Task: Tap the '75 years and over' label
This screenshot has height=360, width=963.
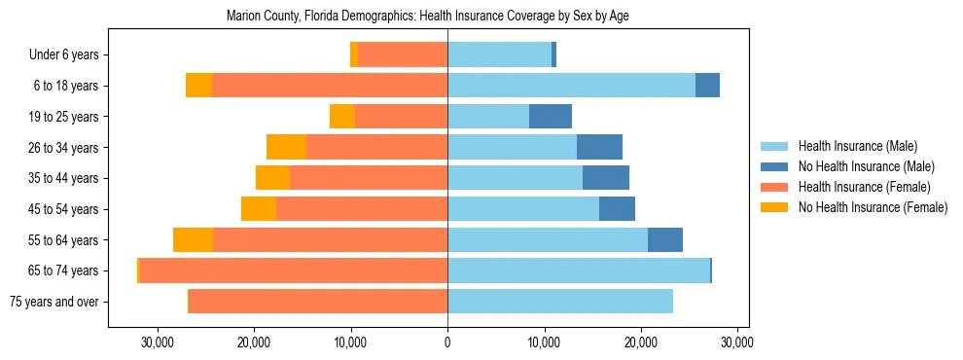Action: point(53,302)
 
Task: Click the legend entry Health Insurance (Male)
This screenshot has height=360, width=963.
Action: point(857,147)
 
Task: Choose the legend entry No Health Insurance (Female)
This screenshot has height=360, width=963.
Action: point(873,207)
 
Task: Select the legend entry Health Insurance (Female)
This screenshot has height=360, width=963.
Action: point(864,187)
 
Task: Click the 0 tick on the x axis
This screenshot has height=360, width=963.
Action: point(447,342)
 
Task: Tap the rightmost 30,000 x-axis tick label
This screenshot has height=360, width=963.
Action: point(737,342)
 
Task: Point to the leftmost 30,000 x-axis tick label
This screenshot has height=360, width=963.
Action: point(158,342)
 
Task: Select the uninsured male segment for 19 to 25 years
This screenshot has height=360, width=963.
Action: point(551,117)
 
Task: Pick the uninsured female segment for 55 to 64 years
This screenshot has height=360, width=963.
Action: point(193,240)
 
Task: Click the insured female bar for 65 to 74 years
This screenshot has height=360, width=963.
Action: point(293,270)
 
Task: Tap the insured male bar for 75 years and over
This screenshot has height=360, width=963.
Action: point(560,302)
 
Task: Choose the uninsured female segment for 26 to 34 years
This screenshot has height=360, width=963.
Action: point(286,148)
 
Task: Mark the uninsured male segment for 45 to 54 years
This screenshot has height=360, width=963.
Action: point(617,209)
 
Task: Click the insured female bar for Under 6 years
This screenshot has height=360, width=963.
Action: point(403,55)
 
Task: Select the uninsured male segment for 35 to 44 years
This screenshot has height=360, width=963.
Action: point(606,178)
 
